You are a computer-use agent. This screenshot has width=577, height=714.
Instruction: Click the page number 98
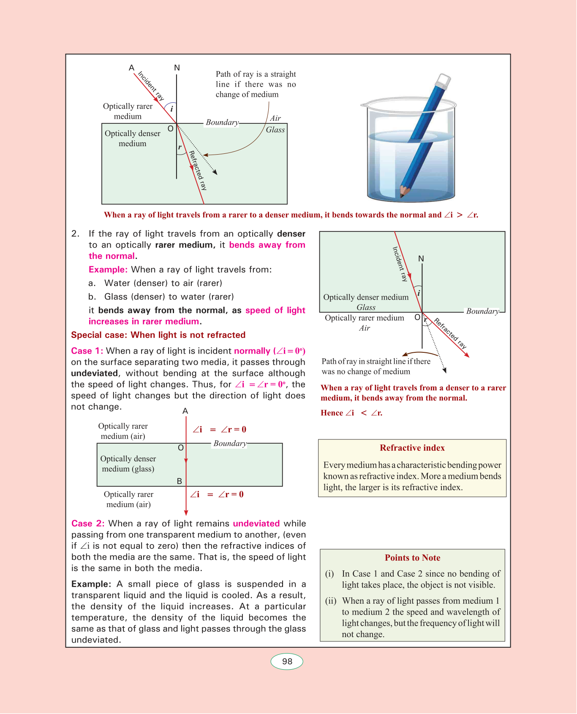[287, 662]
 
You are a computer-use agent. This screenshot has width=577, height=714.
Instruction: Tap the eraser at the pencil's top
[444, 80]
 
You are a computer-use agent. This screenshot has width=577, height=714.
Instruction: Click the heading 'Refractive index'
[412, 448]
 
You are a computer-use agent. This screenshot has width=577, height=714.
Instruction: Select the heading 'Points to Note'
[412, 558]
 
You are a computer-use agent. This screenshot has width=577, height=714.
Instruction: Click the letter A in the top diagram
[131, 68]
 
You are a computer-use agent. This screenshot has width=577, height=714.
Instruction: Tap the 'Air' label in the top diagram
[275, 118]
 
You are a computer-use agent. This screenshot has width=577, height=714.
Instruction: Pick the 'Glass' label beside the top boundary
[275, 130]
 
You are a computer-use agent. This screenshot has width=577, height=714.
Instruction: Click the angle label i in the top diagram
[171, 109]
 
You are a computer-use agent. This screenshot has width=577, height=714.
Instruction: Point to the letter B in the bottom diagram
[180, 481]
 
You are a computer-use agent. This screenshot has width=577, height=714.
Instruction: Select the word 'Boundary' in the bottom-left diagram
[230, 443]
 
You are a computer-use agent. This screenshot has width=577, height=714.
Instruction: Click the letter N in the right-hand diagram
[421, 259]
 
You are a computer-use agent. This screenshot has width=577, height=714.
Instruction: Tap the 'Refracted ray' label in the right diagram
[450, 334]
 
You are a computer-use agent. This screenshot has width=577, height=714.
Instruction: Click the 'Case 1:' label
[87, 351]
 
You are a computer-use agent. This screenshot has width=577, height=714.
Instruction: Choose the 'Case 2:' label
[88, 523]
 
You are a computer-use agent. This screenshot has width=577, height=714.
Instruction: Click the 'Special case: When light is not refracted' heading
[158, 335]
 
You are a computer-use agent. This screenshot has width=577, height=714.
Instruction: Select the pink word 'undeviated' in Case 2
[256, 523]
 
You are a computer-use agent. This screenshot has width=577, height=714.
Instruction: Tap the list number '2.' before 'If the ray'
[75, 234]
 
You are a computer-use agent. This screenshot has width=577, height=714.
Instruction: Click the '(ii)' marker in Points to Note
[331, 601]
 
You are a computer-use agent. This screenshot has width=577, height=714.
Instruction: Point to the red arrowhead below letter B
[186, 513]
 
